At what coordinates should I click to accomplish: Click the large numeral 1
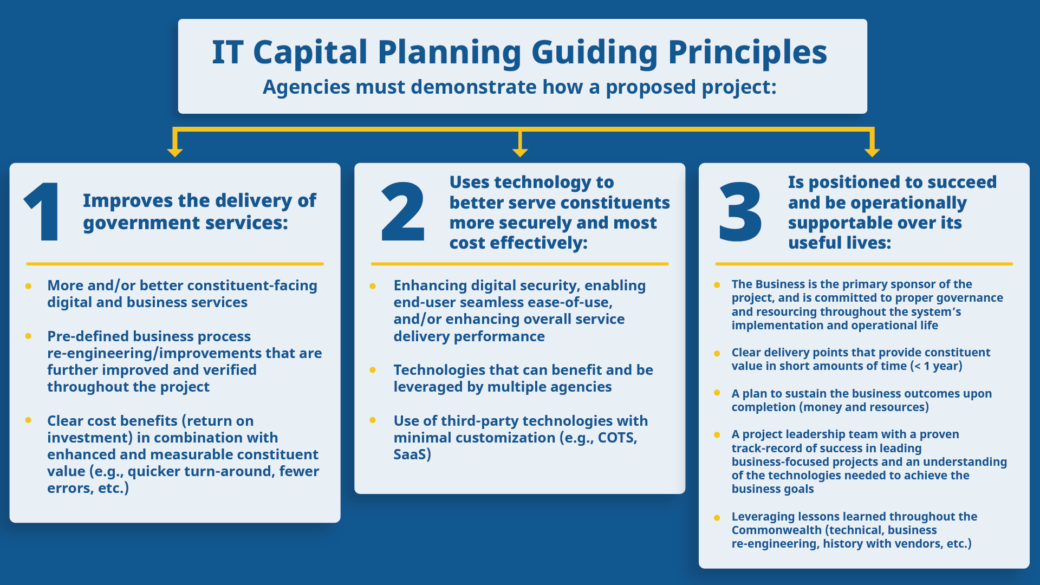tap(43, 212)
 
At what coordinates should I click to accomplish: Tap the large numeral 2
tap(403, 212)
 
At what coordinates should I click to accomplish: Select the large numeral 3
tap(740, 212)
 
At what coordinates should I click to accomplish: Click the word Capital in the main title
tap(310, 53)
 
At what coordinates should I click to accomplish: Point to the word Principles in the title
tap(747, 53)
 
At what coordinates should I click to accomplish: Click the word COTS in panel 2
tap(616, 438)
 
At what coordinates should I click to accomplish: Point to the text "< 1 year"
tap(937, 366)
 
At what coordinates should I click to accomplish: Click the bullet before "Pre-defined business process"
tap(28, 336)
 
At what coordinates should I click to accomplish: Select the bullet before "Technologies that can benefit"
tap(373, 370)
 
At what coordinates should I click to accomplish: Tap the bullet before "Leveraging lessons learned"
tap(717, 517)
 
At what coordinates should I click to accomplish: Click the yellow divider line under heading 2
tap(520, 264)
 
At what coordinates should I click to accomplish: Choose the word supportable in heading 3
tap(836, 223)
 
